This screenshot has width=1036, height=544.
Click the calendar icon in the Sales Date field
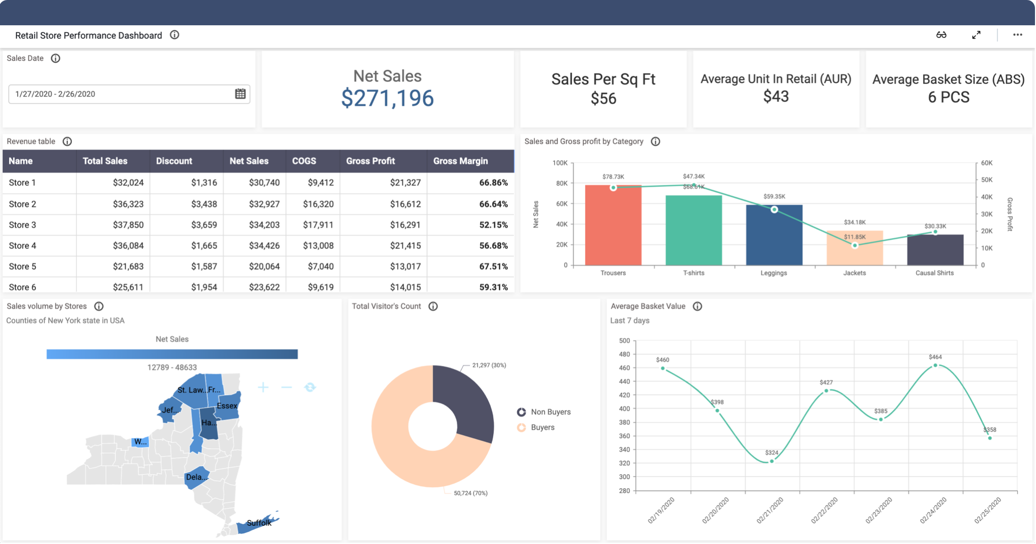point(240,94)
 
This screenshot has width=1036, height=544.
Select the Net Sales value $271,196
point(387,98)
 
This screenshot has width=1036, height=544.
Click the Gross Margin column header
point(460,161)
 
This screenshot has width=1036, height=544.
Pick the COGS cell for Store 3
point(318,225)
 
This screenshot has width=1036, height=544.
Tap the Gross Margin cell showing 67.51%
point(493,266)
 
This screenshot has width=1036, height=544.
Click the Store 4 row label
point(23,245)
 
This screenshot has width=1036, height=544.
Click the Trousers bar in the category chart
point(613,228)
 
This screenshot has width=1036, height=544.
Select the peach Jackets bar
point(854,250)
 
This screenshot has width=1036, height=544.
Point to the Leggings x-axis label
point(773,273)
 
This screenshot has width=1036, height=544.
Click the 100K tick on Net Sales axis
point(560,163)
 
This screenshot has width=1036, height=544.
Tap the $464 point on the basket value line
point(935,365)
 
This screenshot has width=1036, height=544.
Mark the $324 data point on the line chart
point(771,461)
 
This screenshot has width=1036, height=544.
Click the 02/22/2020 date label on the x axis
point(825,510)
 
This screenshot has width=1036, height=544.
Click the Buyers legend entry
point(542,428)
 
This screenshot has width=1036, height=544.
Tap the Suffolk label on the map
point(259,523)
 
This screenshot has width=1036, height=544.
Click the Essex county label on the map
point(227,406)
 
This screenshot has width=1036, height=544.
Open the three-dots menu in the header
point(1017,35)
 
